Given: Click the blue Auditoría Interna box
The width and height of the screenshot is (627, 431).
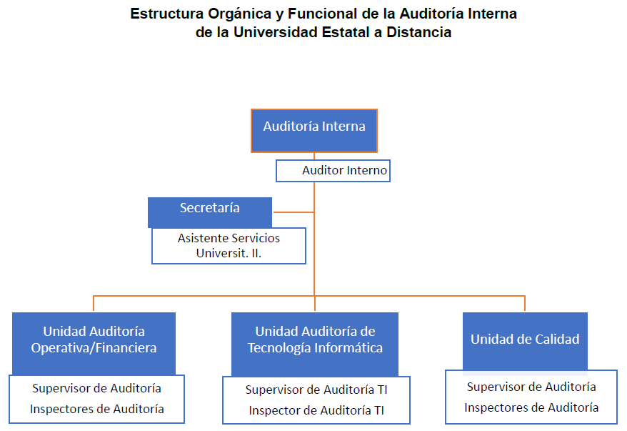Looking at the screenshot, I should [x=314, y=130].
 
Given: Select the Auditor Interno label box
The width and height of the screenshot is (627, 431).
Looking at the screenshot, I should [x=333, y=171].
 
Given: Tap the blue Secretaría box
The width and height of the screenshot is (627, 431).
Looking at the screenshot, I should [x=210, y=212].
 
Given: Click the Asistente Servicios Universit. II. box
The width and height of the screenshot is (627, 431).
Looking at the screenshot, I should [x=229, y=245].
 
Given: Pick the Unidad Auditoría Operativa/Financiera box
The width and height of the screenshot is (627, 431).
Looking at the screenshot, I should [x=94, y=343].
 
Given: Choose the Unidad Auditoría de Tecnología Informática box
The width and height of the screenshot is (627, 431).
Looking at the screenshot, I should [x=315, y=343].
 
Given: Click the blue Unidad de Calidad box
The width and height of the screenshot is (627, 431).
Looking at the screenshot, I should [x=525, y=341].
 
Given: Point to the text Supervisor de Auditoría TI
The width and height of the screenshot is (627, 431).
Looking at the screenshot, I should [x=316, y=390].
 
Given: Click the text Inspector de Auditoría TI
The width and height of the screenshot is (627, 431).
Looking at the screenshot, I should [x=316, y=410].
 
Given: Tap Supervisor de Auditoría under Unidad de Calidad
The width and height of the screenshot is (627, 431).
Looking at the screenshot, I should [x=531, y=387].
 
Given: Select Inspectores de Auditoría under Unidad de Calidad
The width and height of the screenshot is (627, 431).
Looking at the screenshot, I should [x=531, y=407].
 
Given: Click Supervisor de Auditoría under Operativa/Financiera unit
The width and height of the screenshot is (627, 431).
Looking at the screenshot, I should [x=96, y=388].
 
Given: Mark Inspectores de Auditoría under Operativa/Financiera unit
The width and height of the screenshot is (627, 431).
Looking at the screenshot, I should [x=96, y=409].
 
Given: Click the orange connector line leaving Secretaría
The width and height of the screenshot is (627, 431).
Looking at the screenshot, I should [x=293, y=212].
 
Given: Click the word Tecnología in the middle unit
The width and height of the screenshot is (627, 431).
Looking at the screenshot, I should [x=281, y=348].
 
